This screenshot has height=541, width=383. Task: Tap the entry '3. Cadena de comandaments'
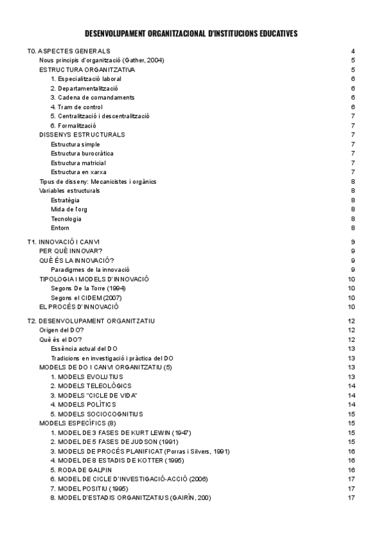click(x=93, y=98)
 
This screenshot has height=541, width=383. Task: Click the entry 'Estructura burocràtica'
click(x=82, y=154)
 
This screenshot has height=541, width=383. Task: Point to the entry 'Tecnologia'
click(x=66, y=219)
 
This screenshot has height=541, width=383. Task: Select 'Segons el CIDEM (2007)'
click(x=86, y=298)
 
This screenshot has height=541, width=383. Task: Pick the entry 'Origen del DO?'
click(x=61, y=330)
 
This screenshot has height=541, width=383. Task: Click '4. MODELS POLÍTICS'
click(x=84, y=405)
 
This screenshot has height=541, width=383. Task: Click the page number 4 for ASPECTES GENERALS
click(x=353, y=51)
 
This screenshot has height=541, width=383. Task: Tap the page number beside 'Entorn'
click(x=353, y=228)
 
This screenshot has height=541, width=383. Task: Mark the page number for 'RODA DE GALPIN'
click(x=352, y=470)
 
